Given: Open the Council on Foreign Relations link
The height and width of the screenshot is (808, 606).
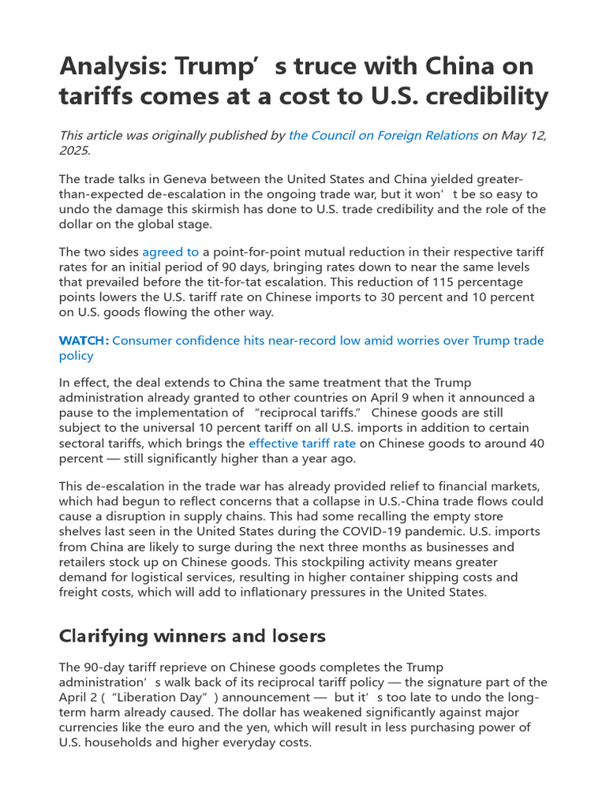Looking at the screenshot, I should point(383,135).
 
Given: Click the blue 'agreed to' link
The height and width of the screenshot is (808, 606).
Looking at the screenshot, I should point(170,252).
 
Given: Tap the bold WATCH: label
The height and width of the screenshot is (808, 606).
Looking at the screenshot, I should point(84,341).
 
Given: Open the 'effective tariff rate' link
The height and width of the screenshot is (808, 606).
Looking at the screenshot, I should point(302,443).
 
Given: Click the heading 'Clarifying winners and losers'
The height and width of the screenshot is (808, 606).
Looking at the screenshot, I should point(193,636).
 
